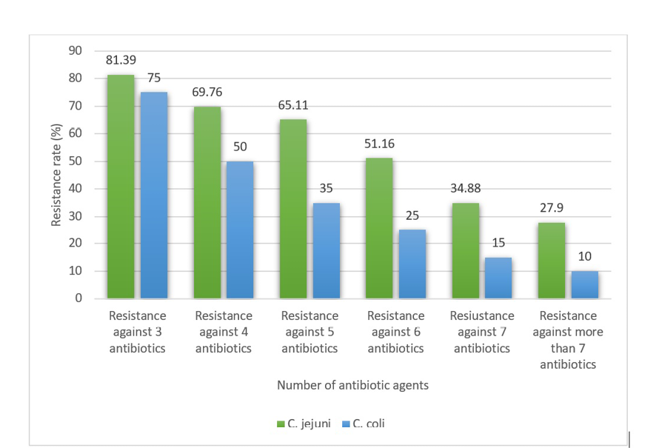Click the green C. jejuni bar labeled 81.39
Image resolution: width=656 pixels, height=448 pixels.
pos(121,187)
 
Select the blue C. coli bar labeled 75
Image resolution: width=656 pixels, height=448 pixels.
pos(153,195)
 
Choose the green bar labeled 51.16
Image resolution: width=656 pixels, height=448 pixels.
pos(378,228)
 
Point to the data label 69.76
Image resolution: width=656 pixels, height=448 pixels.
pos(207,93)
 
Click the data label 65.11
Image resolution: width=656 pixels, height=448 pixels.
pos(292,105)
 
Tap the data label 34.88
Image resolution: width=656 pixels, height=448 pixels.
pos(464,188)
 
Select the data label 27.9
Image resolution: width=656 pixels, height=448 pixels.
pos(551,208)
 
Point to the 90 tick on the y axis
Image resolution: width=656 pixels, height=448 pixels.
pos(76,51)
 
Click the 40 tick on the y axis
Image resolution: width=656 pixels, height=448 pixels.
pos(76,189)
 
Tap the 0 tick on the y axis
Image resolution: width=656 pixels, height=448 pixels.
pos(78,299)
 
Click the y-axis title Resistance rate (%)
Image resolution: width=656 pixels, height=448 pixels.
pos(56,175)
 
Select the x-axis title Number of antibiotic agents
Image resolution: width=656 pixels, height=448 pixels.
pos(352,385)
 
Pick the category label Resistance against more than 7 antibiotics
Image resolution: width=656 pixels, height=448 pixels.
pos(568,340)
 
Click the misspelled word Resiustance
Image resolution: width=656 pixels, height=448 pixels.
pos(482,316)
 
